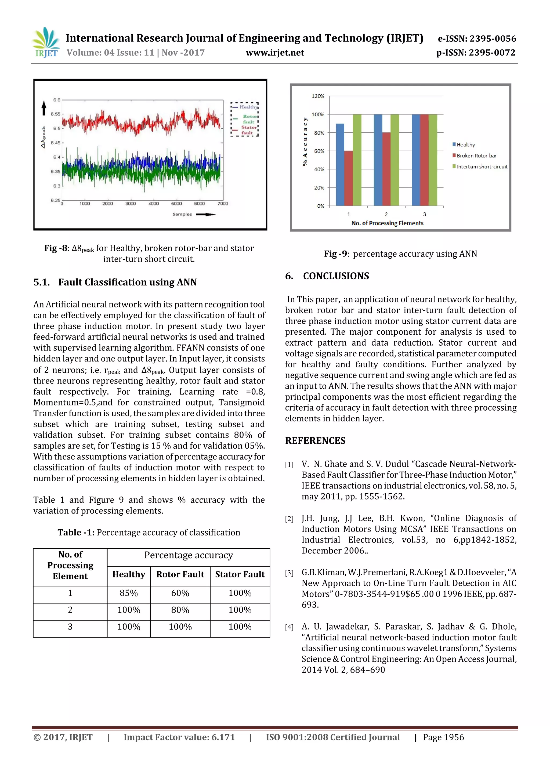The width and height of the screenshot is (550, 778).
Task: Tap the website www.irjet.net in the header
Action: pos(275,53)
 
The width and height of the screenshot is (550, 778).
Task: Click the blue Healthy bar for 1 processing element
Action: pos(340,164)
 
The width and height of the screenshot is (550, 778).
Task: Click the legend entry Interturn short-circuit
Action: pos(482,167)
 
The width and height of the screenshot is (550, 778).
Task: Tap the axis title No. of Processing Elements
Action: pos(387,223)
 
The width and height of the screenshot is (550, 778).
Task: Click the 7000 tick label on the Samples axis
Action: pos(223,204)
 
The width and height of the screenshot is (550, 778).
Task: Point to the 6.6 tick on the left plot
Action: pos(57,100)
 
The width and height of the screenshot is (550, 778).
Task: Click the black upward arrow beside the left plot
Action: pos(44,108)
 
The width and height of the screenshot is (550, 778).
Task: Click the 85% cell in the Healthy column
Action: pos(129,593)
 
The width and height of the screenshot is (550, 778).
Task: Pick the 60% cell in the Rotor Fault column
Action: pos(180,593)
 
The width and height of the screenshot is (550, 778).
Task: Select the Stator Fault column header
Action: pos(240,574)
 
